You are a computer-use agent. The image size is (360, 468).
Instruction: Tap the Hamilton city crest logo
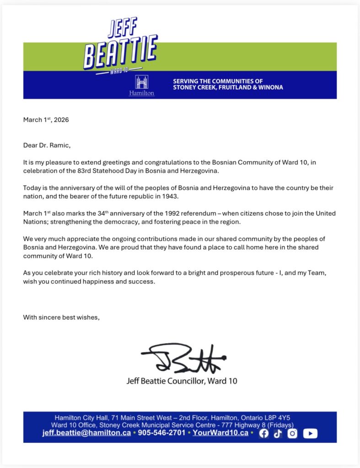[x=141, y=85]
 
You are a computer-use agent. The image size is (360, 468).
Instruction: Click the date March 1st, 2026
[x=46, y=120]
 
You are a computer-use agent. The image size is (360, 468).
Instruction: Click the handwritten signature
[x=183, y=357]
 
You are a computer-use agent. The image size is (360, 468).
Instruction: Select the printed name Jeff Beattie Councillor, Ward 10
[x=182, y=381]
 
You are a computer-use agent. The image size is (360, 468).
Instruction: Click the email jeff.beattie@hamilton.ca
[x=86, y=433]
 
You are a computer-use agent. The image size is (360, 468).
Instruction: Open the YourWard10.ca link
[x=220, y=433]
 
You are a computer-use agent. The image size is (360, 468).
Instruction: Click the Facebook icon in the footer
[x=263, y=433]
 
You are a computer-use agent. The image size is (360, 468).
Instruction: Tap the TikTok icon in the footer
[x=278, y=433]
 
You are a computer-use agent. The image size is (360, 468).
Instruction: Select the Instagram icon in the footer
[x=292, y=433]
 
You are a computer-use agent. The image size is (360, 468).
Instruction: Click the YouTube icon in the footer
[x=310, y=433]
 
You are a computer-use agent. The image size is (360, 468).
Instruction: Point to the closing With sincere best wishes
[x=61, y=317]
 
